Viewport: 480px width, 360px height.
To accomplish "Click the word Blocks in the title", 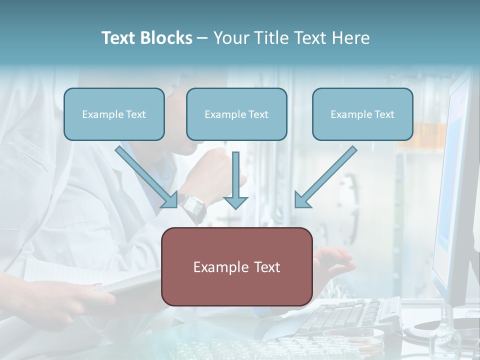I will pyautogui.click(x=167, y=38).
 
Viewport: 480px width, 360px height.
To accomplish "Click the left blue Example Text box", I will pyautogui.click(x=114, y=114).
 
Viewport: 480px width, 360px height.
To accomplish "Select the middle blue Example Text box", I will pyautogui.click(x=236, y=114).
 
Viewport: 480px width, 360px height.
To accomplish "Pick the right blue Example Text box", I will pyautogui.click(x=362, y=114).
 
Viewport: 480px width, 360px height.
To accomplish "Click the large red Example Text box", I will pyautogui.click(x=236, y=266).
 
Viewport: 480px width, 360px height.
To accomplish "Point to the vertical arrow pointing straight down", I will pyautogui.click(x=235, y=180).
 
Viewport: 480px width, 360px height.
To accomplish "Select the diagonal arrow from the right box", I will pyautogui.click(x=325, y=177).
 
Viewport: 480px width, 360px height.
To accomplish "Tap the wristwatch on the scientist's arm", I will pyautogui.click(x=193, y=206).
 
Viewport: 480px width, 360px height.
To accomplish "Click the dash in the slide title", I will pyautogui.click(x=202, y=38).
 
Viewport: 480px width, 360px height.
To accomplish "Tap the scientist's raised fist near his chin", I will pyautogui.click(x=220, y=167).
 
